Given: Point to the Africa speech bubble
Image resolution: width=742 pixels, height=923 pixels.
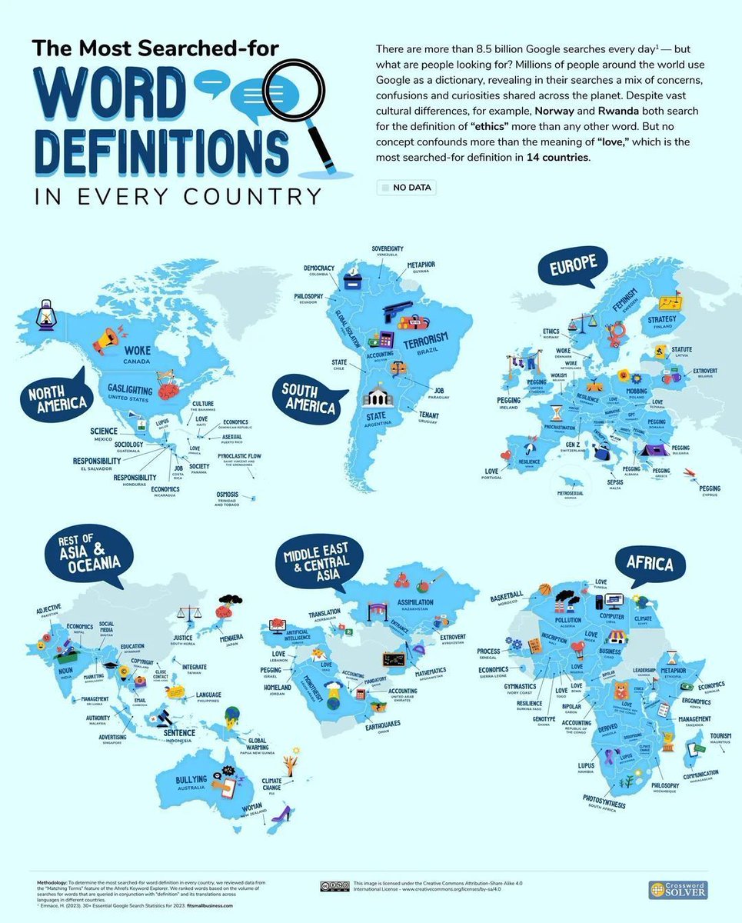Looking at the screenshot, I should coord(649,565).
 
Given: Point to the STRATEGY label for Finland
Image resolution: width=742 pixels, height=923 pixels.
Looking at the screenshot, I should coord(661,319).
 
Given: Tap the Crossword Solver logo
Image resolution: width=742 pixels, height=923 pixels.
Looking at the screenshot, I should coord(677,889).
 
